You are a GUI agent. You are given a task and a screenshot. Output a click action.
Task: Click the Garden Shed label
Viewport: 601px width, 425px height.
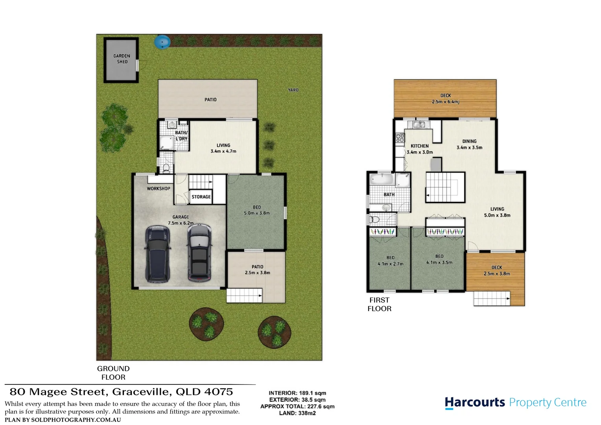[122, 59]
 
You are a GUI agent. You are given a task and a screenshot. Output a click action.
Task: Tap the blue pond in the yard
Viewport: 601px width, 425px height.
[162, 42]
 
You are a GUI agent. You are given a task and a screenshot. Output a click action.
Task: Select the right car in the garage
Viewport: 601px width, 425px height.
[199, 252]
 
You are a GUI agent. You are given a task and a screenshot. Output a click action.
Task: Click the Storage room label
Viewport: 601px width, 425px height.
[201, 197]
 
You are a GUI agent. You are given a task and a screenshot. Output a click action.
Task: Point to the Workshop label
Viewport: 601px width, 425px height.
[159, 188]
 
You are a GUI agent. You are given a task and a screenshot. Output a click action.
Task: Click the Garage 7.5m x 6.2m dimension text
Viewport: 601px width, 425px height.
[181, 223]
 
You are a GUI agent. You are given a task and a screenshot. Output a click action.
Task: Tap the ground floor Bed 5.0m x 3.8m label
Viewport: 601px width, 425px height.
[257, 210]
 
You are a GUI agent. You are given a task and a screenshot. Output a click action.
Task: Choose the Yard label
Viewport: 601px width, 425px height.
[293, 90]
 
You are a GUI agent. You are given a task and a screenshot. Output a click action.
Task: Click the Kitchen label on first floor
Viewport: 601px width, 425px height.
[420, 146]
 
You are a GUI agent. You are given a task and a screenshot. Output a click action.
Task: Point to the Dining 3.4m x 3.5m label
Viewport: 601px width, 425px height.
[469, 144]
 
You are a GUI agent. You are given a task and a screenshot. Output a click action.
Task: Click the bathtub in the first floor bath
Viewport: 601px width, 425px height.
[382, 181]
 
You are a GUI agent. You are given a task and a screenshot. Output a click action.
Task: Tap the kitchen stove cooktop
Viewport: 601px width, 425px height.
[400, 137]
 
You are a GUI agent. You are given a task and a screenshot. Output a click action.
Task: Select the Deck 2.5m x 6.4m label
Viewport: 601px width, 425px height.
[445, 99]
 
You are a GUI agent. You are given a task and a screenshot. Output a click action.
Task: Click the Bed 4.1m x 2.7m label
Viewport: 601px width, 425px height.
[390, 261]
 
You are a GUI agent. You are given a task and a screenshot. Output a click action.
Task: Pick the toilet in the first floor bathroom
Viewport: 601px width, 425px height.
[375, 219]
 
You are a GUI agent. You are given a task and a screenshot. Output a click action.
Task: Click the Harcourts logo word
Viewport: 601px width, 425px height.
[475, 403]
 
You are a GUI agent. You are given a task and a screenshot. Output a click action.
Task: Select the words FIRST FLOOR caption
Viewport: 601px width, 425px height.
[379, 304]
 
